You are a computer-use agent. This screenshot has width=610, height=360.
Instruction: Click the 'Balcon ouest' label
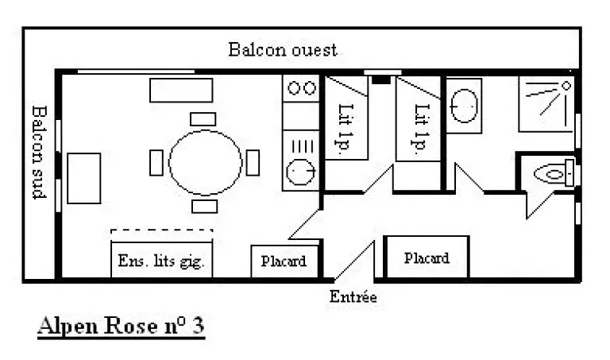pyautogui.click(x=283, y=50)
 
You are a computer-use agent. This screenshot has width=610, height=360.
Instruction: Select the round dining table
pyautogui.click(x=205, y=162)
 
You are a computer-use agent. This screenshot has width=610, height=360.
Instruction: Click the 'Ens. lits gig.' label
pyautogui.click(x=162, y=261)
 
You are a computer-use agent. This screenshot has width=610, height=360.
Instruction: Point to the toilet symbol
pyautogui.click(x=553, y=172)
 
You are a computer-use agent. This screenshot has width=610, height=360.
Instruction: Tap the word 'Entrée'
pyautogui.click(x=353, y=298)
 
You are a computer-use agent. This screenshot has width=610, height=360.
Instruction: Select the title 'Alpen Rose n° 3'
pyautogui.click(x=121, y=327)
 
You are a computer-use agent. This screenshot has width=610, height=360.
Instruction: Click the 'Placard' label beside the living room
pyautogui.click(x=284, y=261)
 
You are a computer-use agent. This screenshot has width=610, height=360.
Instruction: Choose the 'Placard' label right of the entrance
pyautogui.click(x=427, y=257)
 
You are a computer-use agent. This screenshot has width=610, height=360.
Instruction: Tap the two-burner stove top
pyautogui.click(x=300, y=87)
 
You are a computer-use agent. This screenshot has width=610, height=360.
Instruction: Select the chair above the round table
pyautogui.click(x=203, y=119)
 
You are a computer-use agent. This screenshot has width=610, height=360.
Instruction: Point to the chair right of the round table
pyautogui.click(x=253, y=162)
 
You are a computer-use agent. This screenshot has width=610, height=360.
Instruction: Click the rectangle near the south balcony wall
pyautogui.click(x=83, y=178)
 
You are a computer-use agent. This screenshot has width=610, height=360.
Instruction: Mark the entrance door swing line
pyautogui.click(x=353, y=261)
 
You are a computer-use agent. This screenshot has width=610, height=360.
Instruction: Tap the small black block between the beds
pyautogui.click(x=381, y=79)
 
